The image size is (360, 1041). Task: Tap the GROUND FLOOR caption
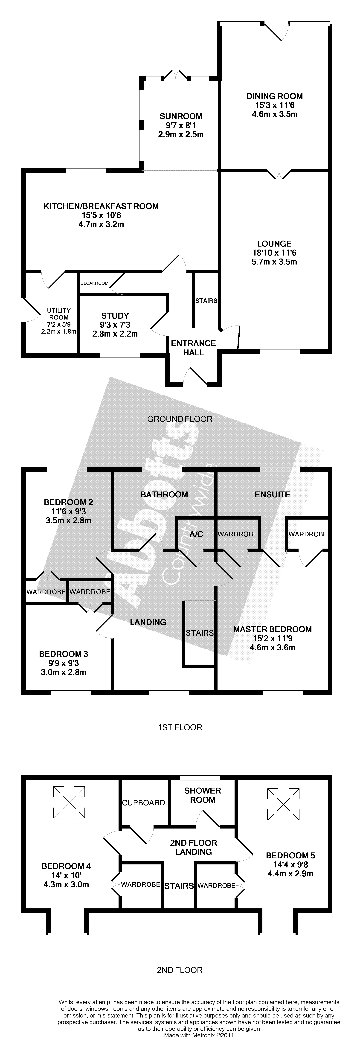coord(180,419)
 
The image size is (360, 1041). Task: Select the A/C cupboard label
coord(196,534)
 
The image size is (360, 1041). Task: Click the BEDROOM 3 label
coord(63,654)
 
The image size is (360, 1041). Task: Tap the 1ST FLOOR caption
coord(180,727)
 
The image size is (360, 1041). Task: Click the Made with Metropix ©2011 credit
coord(199,1036)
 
